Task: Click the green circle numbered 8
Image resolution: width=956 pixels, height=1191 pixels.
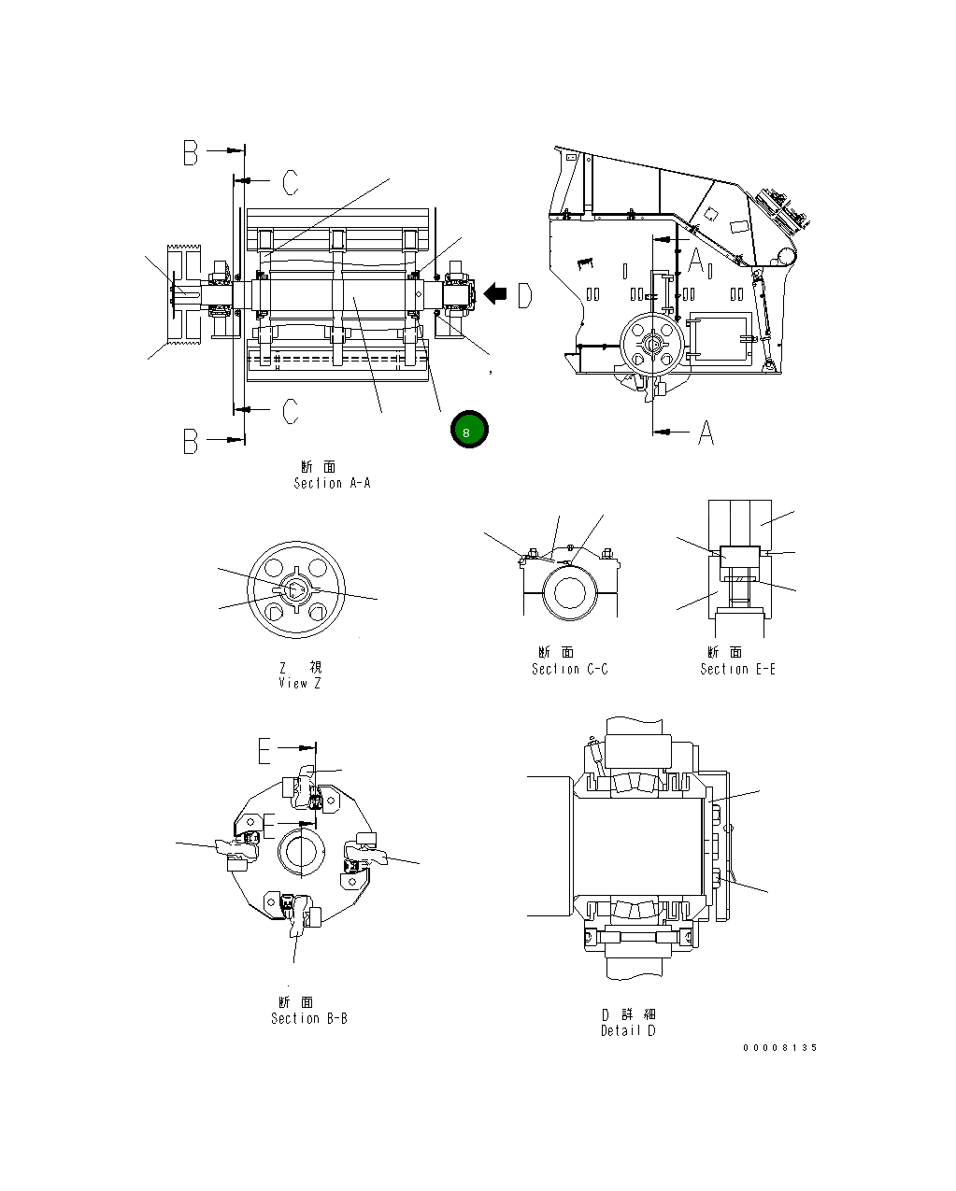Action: [x=468, y=430]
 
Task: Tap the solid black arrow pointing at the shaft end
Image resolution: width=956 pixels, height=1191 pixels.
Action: [x=494, y=294]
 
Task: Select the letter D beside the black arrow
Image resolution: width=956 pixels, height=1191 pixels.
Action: [x=524, y=295]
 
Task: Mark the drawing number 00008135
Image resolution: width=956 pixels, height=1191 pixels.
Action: [x=779, y=1047]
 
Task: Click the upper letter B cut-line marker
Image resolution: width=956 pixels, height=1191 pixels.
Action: [x=191, y=153]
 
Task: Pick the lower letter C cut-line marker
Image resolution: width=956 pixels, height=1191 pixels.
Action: [x=291, y=411]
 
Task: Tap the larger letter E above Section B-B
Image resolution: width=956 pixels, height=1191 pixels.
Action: [x=265, y=750]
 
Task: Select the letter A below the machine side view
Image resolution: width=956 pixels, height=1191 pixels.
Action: [x=706, y=432]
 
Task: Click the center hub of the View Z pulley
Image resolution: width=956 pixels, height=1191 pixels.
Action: [x=293, y=590]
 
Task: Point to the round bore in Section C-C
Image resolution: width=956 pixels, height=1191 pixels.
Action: [x=568, y=593]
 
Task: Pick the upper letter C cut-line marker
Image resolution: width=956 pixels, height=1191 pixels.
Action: [x=291, y=182]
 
